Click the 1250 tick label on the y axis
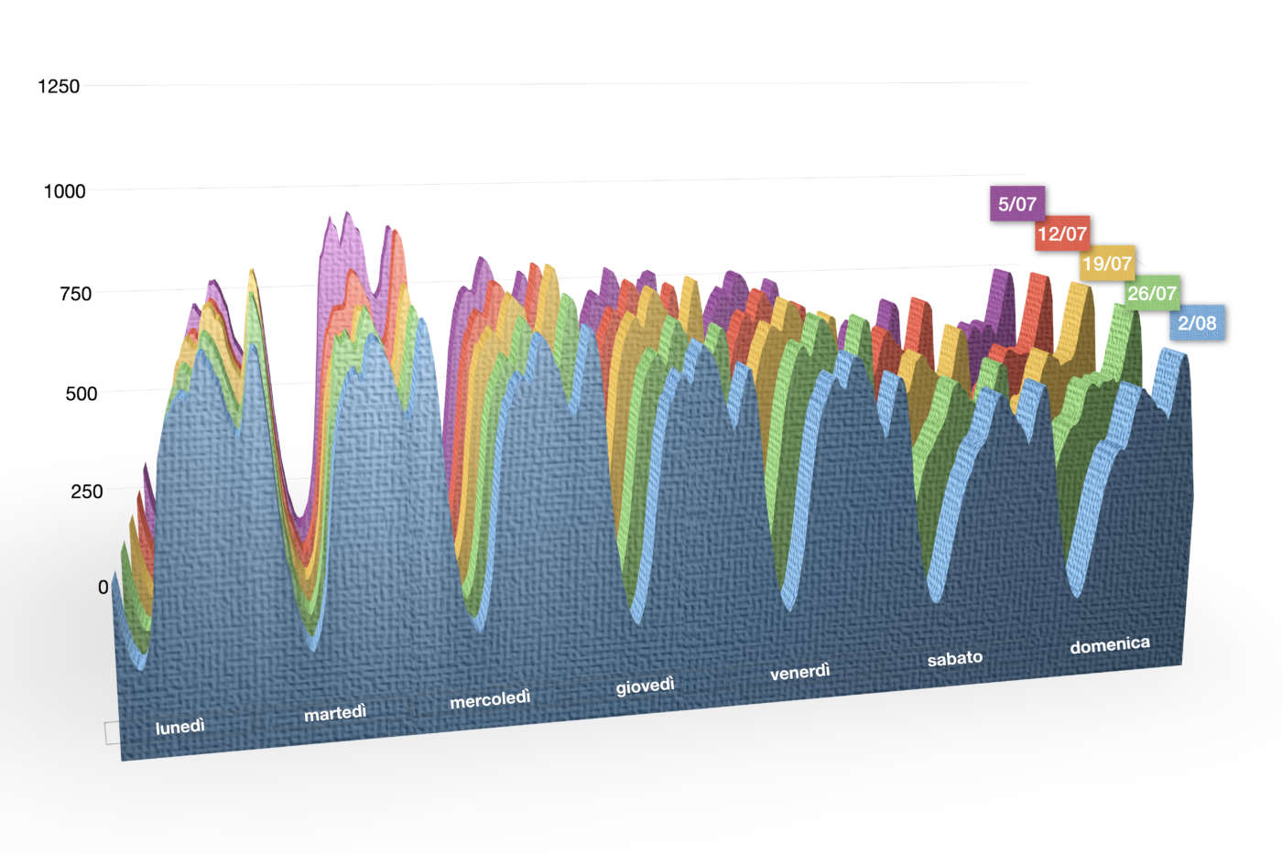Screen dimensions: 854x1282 coord(59,86)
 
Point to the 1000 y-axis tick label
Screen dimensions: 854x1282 coord(64,191)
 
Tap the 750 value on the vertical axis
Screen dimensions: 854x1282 coord(71,294)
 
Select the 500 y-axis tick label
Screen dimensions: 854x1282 coord(81,394)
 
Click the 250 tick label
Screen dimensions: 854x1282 coord(86,492)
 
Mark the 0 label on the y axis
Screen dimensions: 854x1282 coord(103,588)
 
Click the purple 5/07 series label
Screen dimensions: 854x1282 coord(1016,204)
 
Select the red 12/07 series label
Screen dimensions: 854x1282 coord(1061,234)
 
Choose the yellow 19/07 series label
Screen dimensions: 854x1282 coord(1106,265)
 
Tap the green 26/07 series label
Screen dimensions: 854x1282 coord(1151,294)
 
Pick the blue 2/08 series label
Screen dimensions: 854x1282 coord(1197,323)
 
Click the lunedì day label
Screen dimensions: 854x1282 coord(180,727)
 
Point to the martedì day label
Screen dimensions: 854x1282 coord(335,712)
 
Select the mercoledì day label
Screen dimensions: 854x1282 coord(490,699)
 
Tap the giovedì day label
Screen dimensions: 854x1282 coord(645,686)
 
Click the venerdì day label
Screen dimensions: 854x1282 coord(799,672)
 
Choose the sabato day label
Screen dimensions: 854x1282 coord(954,658)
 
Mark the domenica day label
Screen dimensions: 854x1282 coord(1109,644)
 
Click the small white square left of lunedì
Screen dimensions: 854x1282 coord(112,732)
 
